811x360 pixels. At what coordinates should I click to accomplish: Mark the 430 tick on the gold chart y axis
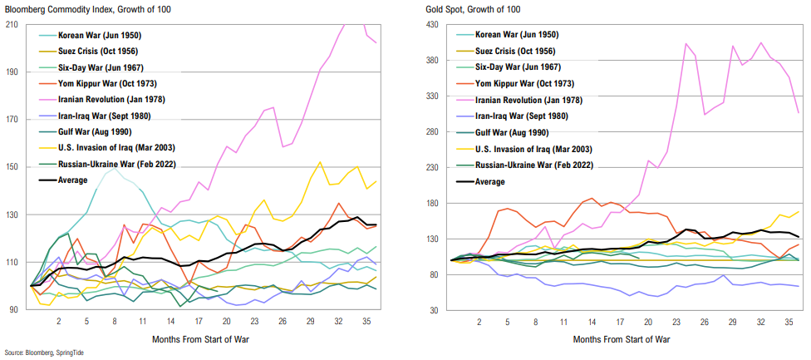[x=432, y=24]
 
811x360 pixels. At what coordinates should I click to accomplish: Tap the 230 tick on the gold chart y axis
[x=432, y=167]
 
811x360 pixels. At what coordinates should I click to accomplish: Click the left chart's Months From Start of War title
[x=199, y=339]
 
